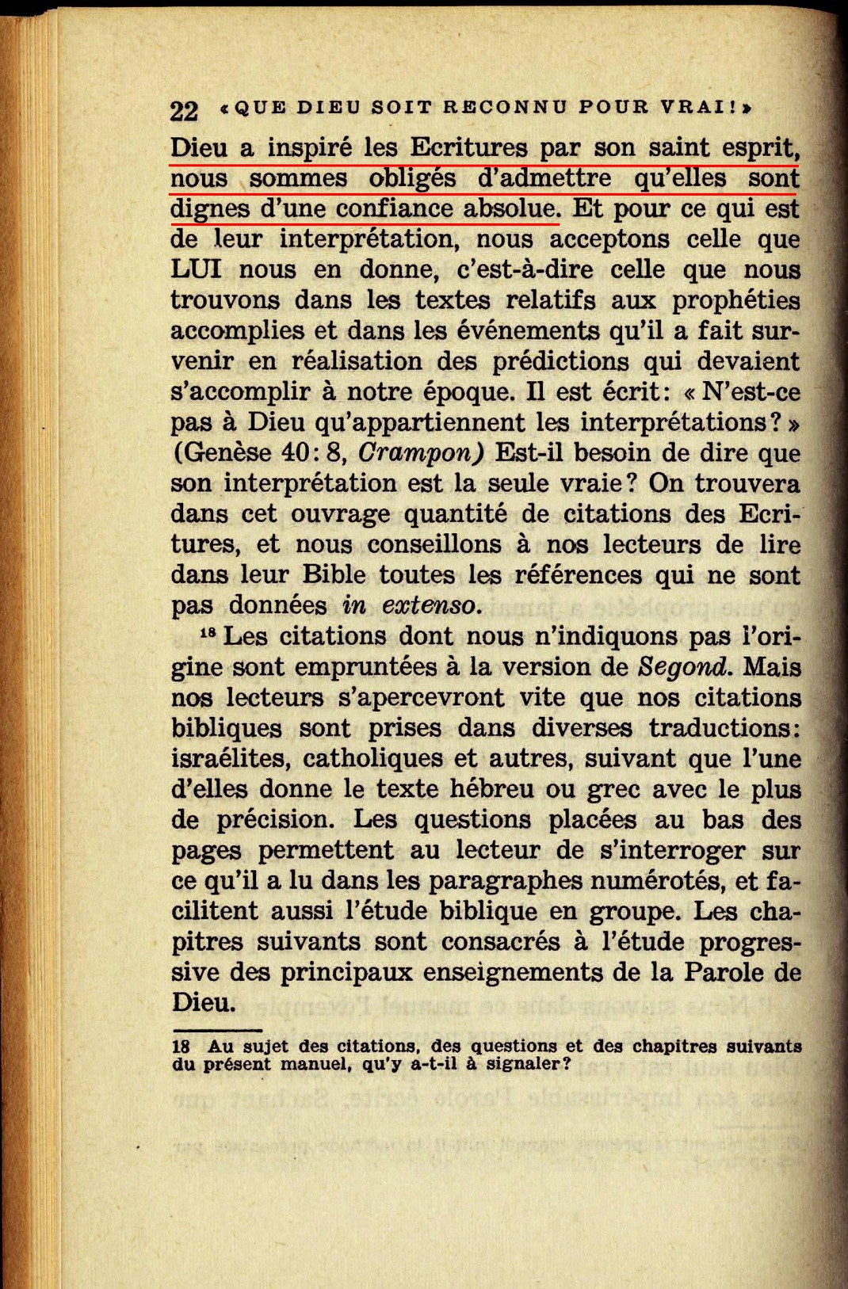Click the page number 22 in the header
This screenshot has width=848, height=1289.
(x=184, y=110)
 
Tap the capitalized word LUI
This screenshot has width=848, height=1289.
(x=195, y=269)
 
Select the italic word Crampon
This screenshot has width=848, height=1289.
(x=421, y=452)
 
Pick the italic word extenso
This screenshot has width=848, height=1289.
(x=431, y=605)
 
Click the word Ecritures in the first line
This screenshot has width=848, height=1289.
(x=468, y=147)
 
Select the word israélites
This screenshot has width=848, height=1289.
(x=230, y=758)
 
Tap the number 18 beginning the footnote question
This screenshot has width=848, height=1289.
(x=181, y=1046)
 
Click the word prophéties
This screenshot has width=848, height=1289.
(x=736, y=300)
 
